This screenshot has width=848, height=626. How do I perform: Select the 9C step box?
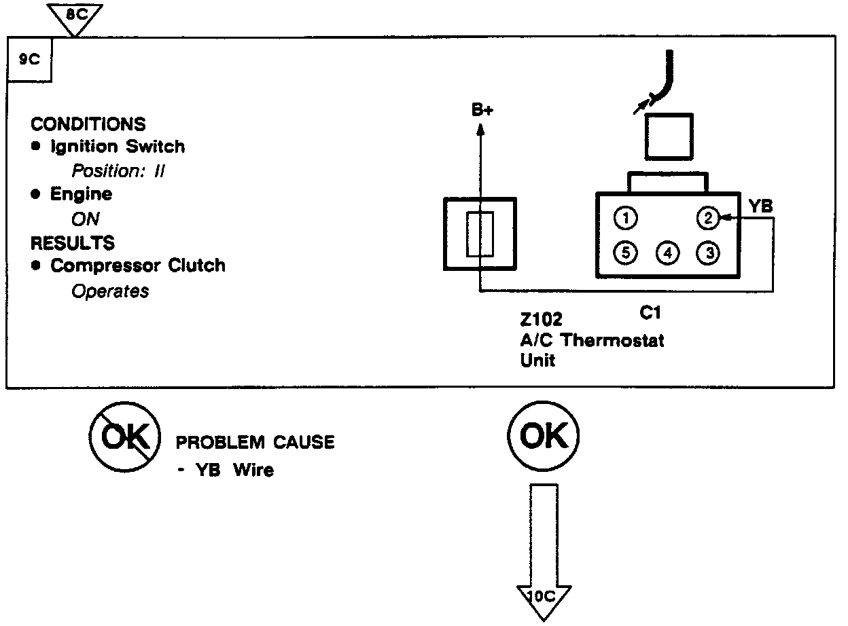click(x=29, y=59)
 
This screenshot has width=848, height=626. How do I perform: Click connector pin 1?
click(x=625, y=218)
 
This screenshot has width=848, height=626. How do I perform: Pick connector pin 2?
click(x=707, y=218)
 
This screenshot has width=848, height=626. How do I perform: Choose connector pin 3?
click(x=707, y=253)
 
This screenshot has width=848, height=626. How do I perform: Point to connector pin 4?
click(x=667, y=253)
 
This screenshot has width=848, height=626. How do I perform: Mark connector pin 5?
click(x=625, y=253)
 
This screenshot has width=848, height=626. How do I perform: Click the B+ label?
click(x=482, y=111)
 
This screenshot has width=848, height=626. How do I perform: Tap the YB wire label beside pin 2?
click(x=760, y=206)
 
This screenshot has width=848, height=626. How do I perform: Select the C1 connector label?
click(x=650, y=313)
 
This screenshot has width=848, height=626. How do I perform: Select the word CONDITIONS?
click(x=88, y=125)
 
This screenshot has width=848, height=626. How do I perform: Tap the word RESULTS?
click(x=73, y=242)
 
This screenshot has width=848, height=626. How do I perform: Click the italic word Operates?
click(x=110, y=291)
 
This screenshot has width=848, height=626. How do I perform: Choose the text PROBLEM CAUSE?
click(x=255, y=443)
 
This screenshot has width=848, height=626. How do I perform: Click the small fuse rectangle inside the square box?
click(x=479, y=234)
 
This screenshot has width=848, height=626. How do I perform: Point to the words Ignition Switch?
click(x=117, y=147)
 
